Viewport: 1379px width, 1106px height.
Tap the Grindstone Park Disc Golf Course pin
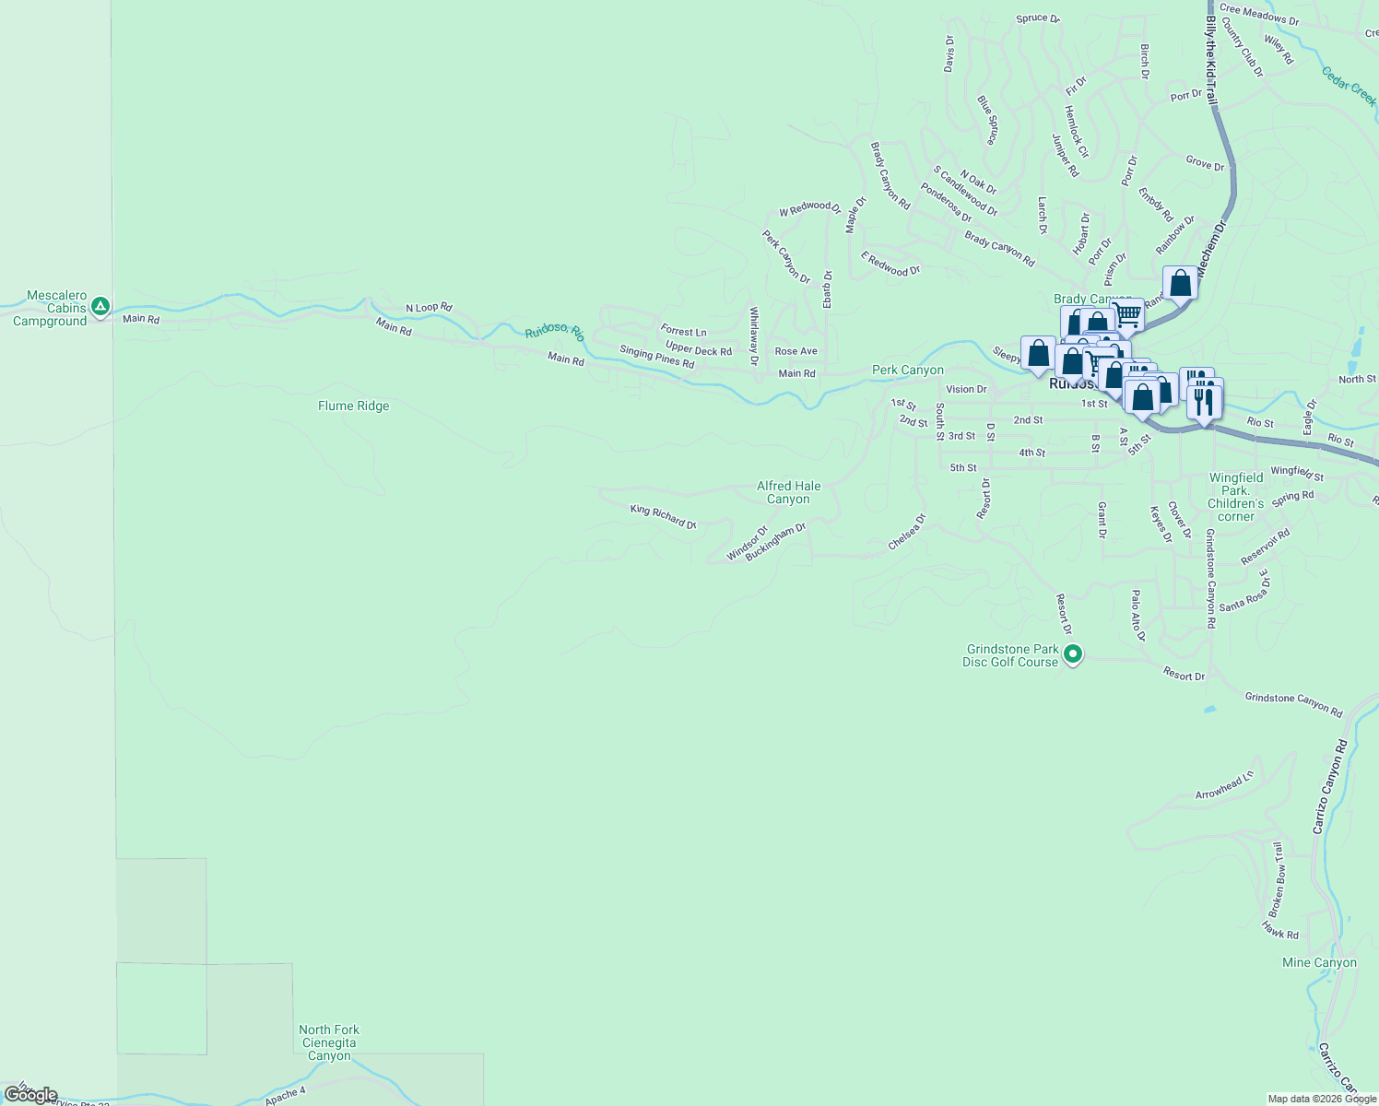coord(1072,654)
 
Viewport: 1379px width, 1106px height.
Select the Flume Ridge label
coord(353,406)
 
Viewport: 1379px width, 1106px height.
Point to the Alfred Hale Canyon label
coord(788,492)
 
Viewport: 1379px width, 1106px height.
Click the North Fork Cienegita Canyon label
coord(329,1042)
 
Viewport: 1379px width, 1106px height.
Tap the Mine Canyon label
coord(1319,962)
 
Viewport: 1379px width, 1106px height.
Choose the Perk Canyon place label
coord(907,370)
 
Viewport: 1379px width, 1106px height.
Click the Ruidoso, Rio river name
coord(554,333)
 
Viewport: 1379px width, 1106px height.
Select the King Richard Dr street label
coord(663,516)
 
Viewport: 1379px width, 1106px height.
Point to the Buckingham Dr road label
coord(775,542)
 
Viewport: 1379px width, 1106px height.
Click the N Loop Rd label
coord(429,308)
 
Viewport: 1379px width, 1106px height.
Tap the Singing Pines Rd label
coord(656,357)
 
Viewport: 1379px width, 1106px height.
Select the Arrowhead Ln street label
coord(1224,785)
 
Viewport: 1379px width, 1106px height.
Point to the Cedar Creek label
coord(1349,87)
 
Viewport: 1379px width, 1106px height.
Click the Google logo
coord(30,1095)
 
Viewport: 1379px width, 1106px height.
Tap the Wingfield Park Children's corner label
coord(1235,497)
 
